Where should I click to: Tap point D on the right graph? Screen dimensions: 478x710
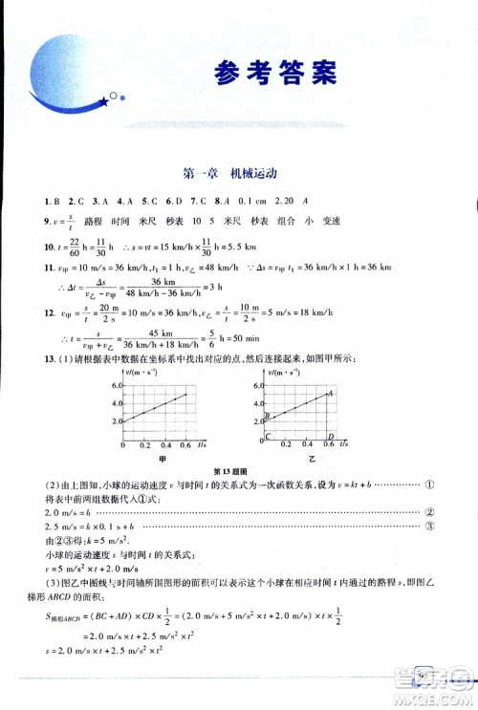pos(330,437)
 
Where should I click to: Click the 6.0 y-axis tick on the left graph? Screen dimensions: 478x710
pos(115,384)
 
